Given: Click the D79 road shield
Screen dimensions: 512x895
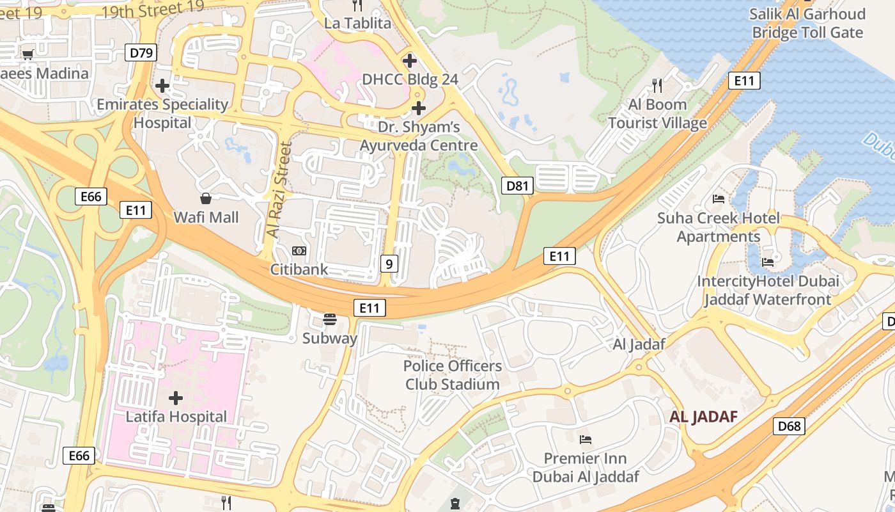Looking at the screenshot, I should pos(141,52).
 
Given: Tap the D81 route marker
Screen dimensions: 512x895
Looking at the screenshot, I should pos(517,186).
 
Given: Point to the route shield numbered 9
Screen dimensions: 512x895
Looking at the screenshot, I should pos(389,262).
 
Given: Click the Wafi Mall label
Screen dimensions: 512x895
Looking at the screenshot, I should pos(206,218).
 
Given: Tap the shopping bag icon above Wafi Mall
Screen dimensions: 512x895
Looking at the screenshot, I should pos(206,198).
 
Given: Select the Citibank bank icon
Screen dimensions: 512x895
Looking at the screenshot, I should pos(299,251).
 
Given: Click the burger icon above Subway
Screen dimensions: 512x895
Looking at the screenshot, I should pos(330,319).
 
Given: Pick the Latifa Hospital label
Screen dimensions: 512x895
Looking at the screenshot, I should pos(176,417).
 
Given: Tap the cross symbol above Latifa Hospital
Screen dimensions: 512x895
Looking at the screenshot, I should pos(176,398).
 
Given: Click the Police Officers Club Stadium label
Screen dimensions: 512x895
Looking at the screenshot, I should pos(453,375).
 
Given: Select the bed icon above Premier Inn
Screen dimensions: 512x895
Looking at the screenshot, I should pos(585,440).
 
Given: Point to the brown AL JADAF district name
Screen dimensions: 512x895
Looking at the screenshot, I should pos(703,417).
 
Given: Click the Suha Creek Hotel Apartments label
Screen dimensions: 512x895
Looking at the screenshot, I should pos(719,227).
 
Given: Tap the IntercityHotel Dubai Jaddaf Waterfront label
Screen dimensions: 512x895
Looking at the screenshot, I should pos(767,290).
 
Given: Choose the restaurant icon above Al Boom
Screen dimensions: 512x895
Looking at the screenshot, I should pos(657,85).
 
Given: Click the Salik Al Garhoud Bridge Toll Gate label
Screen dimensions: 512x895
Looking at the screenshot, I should pos(807,23).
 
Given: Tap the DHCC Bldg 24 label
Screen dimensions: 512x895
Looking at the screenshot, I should pos(410,79).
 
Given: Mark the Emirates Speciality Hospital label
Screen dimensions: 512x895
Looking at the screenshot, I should pos(162,113).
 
